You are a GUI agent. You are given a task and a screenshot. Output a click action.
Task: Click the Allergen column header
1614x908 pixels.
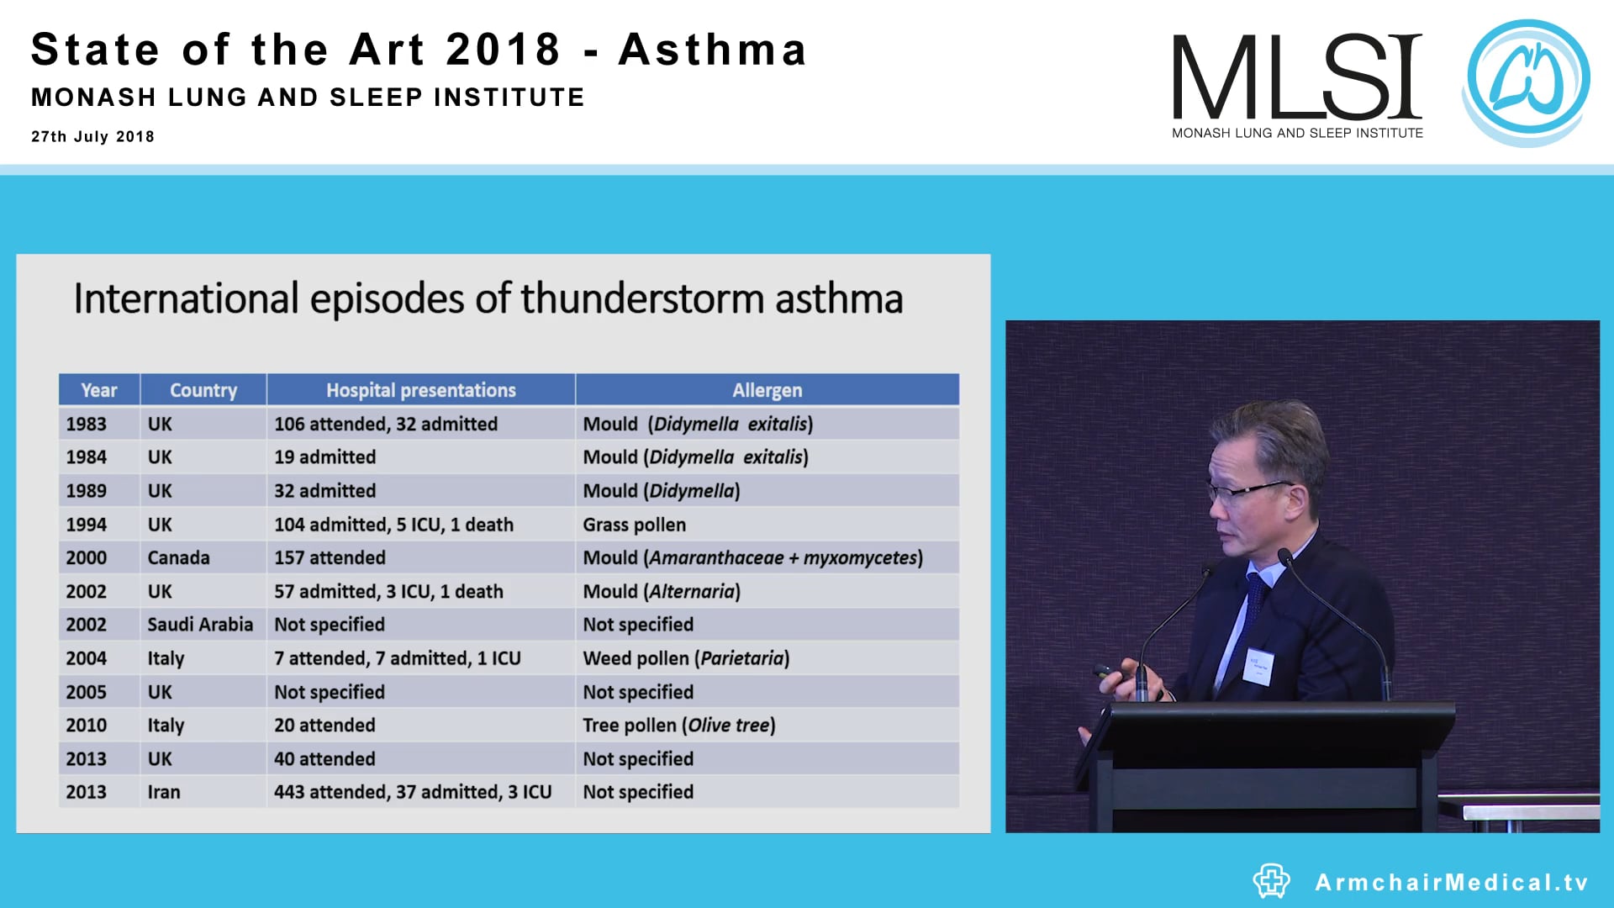[x=767, y=390]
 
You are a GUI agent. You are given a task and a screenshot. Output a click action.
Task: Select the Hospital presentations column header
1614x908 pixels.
[x=420, y=390]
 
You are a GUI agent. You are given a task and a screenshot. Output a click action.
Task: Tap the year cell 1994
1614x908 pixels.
[x=87, y=525]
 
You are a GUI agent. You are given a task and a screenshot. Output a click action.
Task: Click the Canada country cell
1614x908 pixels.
[x=178, y=558]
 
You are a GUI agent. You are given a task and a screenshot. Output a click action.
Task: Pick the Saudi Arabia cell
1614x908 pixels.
[x=200, y=625]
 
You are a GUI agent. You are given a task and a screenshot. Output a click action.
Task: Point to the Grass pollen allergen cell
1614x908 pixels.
[x=635, y=525]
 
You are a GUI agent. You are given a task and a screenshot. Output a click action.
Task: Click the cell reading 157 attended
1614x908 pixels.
[x=330, y=558]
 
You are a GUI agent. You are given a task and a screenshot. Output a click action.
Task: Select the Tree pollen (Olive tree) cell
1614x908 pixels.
[x=679, y=726]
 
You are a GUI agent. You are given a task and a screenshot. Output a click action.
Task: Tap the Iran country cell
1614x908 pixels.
[x=164, y=792]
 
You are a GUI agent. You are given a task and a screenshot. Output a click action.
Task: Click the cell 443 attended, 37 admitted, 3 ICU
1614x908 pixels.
[x=413, y=792]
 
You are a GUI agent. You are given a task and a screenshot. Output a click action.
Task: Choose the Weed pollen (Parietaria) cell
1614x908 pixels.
[x=686, y=658]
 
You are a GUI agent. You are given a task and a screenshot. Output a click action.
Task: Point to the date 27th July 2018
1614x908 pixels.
[x=92, y=136]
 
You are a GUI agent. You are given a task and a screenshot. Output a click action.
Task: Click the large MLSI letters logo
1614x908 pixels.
[x=1296, y=77]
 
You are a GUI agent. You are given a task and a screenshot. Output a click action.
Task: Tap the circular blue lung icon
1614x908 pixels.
[x=1527, y=80]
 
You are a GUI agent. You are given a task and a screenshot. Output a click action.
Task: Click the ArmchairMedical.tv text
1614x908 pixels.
[x=1452, y=882]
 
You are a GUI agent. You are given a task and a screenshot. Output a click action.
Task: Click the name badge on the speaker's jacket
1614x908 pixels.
[x=1259, y=666]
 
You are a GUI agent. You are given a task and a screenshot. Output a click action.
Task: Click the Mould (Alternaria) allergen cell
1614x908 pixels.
[x=662, y=592]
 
